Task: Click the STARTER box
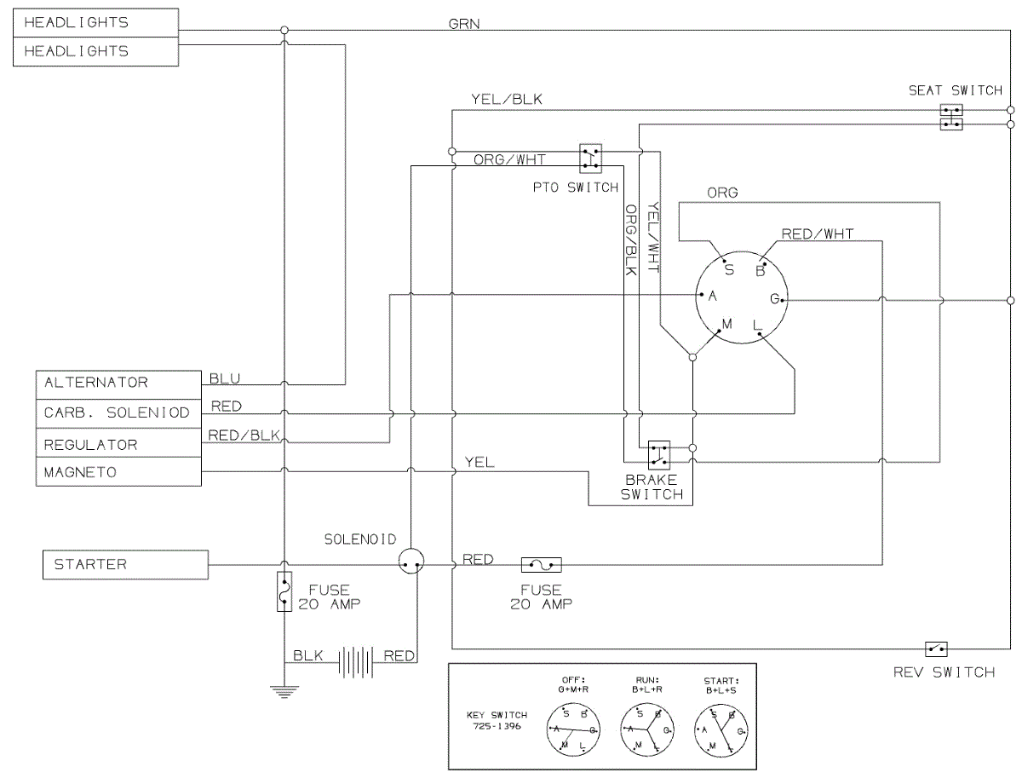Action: coord(125,564)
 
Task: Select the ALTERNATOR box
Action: coord(118,385)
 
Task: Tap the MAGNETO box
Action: coord(118,471)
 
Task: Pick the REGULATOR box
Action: coord(118,442)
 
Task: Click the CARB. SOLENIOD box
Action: coord(118,413)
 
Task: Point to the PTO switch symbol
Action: coord(590,159)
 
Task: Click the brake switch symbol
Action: coord(659,455)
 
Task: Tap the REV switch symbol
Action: coord(936,649)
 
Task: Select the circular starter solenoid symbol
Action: coord(411,561)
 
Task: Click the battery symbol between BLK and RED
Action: coord(355,662)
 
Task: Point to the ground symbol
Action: coord(284,692)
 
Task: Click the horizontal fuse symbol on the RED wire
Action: coord(542,565)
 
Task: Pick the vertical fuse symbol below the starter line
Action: coord(284,591)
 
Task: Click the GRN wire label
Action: coord(464,24)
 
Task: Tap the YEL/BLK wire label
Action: coord(507,100)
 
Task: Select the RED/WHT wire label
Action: coord(818,233)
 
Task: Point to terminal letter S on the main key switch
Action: coord(729,269)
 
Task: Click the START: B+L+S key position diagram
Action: coord(721,729)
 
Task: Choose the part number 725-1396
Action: coord(497,726)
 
